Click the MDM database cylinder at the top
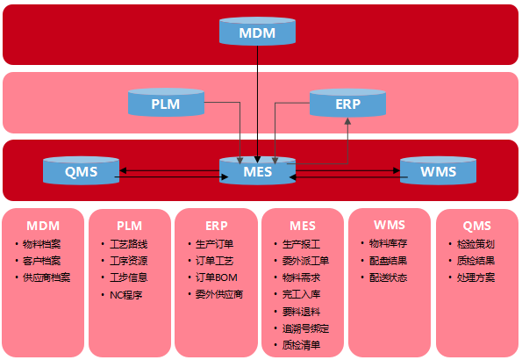tap(256, 32)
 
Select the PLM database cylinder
tap(166, 104)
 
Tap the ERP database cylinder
tap(347, 104)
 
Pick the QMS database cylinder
tap(82, 171)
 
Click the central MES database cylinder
tap(257, 171)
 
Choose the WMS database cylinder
tap(438, 171)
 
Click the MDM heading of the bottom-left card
tap(43, 225)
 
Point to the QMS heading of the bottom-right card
tap(476, 225)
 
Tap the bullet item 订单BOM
tap(216, 277)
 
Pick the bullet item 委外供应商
tap(219, 294)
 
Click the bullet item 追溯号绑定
tap(305, 328)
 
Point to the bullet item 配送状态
tap(388, 277)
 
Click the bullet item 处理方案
tap(476, 277)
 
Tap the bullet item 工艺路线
tap(129, 243)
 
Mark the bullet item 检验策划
tap(476, 243)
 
